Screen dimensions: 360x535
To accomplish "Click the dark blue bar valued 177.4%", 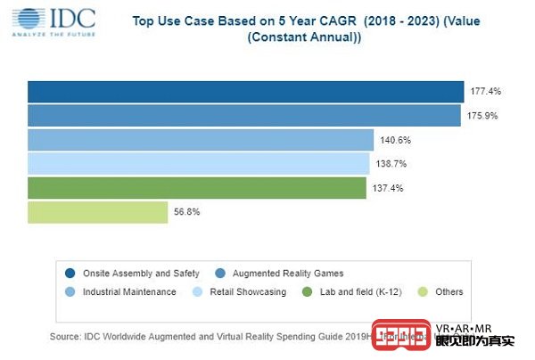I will (245, 92).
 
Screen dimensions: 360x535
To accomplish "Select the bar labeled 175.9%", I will (243, 116).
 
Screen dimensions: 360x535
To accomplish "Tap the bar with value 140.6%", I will (201, 140).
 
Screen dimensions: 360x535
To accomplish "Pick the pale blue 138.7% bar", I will (198, 164).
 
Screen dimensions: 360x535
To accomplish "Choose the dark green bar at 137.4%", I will (196, 188).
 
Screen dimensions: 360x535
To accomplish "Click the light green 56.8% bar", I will (97, 212).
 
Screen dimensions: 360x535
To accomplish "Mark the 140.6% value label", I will (395, 140).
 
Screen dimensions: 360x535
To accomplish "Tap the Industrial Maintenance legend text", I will (129, 292).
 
